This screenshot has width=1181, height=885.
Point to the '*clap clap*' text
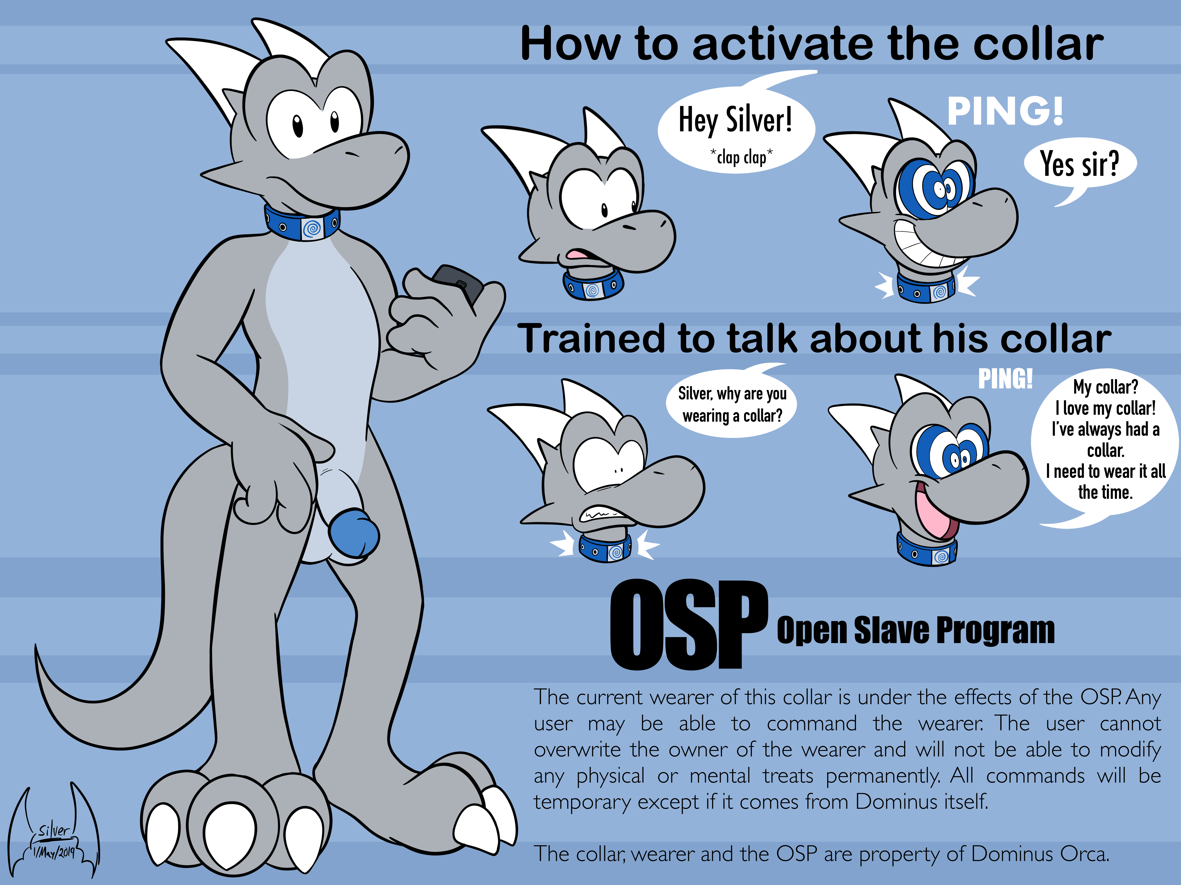pyautogui.click(x=741, y=157)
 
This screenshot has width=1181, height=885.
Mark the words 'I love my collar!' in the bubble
pyautogui.click(x=1105, y=408)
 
